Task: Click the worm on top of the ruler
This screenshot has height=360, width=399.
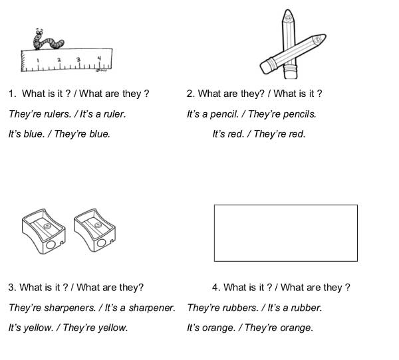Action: click(x=47, y=40)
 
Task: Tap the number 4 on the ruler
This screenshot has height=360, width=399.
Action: click(x=99, y=58)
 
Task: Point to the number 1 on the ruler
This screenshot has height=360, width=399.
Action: click(x=38, y=60)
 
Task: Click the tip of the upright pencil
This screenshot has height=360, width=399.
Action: click(x=288, y=11)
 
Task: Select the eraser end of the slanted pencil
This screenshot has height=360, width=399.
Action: click(x=267, y=67)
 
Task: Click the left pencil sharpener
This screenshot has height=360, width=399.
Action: click(x=43, y=231)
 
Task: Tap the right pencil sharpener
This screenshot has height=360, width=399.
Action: click(x=94, y=230)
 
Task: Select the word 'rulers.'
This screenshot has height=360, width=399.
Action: click(x=58, y=114)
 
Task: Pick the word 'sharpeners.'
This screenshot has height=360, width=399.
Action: click(x=70, y=308)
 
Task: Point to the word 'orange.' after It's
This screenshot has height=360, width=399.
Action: click(x=219, y=327)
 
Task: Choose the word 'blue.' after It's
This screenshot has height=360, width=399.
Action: click(x=34, y=134)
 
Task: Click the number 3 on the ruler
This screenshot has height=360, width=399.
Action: click(x=78, y=59)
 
